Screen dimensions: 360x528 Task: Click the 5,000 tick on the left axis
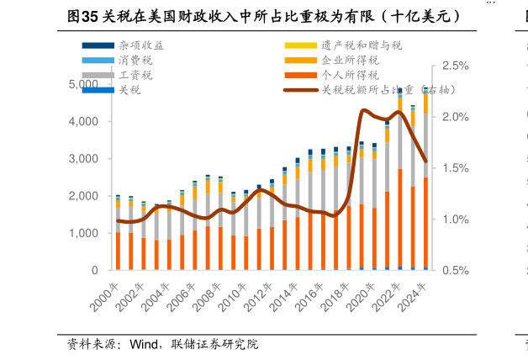83,84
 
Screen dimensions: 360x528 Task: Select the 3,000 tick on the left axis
83,159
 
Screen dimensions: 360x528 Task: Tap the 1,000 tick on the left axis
83,233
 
